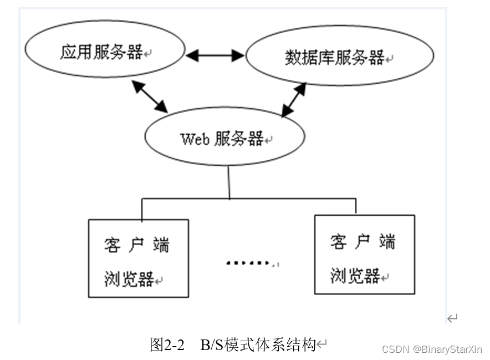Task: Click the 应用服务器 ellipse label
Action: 101,54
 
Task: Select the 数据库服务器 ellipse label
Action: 334,57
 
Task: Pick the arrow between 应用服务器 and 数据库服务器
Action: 215,55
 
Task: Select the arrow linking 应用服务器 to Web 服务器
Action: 150,97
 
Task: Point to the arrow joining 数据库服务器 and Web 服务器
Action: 294,100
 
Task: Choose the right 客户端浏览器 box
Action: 364,255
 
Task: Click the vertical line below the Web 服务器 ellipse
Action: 229,182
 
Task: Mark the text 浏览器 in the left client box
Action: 129,279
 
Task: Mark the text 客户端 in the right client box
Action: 363,242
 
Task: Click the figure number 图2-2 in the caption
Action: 167,345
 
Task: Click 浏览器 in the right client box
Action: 355,275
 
